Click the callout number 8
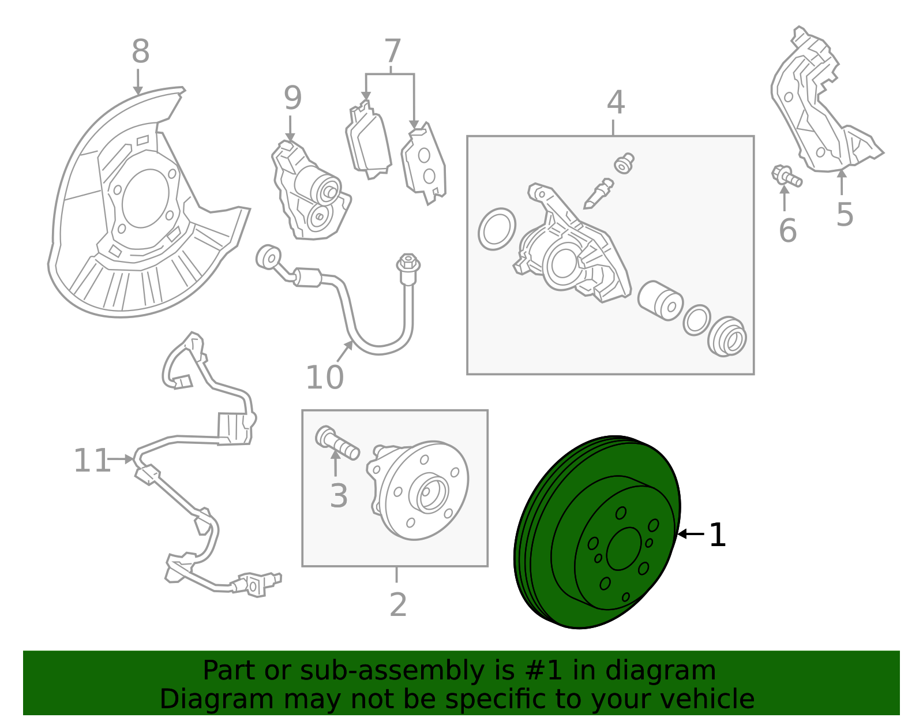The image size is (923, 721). pos(140,52)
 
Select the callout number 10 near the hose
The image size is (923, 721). pos(324,378)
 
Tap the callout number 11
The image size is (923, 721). pos(92,461)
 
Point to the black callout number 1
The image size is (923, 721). pos(717,535)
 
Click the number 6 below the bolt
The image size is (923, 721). pos(787,231)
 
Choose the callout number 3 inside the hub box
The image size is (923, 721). pos(339,496)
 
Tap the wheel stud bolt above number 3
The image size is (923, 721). pos(337,442)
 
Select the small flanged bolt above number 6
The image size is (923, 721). pos(786,176)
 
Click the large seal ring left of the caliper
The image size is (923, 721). pos(497,229)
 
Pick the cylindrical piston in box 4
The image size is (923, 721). pos(660,300)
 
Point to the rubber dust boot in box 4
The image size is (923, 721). pos(727,337)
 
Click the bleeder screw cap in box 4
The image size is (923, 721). pos(624,163)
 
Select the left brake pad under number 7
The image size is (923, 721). pos(368,141)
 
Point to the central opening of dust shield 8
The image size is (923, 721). pos(144,198)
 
